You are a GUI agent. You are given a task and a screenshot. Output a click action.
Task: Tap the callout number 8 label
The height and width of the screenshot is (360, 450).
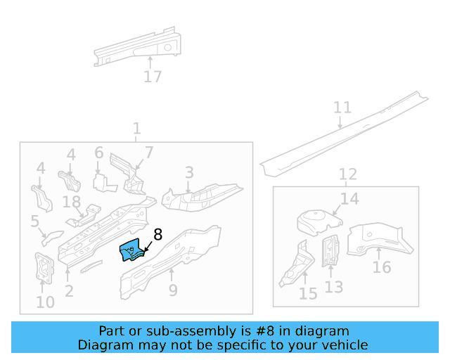157,235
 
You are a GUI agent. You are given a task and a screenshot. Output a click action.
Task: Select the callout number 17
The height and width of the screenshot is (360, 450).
153,77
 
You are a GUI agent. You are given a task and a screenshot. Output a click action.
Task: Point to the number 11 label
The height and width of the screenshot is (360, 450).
342,108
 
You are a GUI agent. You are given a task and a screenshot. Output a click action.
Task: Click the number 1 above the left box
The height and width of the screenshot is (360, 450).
136,129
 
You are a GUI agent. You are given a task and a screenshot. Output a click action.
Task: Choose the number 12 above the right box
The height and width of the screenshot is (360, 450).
347,174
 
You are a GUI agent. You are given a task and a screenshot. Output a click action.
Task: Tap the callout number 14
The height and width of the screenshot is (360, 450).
349,199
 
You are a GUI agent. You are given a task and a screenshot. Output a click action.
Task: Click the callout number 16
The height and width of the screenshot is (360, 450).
382,267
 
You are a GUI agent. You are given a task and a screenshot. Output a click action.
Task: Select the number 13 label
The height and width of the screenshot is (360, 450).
334,287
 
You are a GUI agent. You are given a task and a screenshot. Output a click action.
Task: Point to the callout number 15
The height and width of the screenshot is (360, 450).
308,293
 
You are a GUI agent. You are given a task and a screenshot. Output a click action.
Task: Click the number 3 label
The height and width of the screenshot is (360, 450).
189,172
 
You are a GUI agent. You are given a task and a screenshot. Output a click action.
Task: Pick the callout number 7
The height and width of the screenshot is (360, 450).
149,153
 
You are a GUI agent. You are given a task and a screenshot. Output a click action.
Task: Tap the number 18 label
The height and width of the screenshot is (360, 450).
72,202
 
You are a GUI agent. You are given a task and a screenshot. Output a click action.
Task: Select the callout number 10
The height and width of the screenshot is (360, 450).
45,303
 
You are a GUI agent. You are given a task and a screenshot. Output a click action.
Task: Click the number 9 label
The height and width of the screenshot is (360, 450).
173,290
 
